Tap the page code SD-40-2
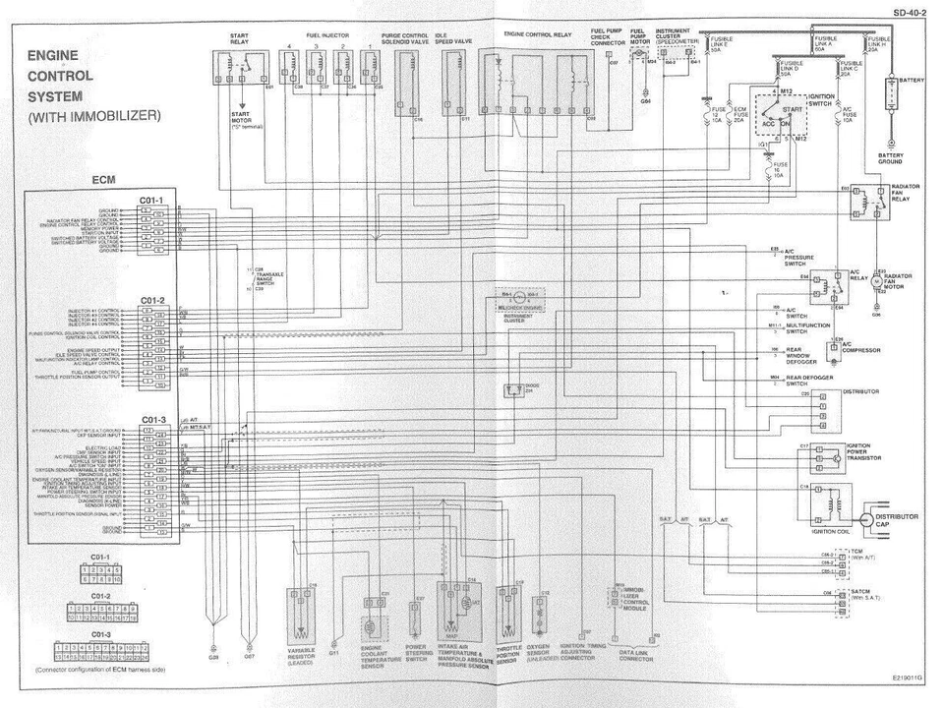pyautogui.click(x=910, y=12)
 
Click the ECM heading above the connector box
pyautogui.click(x=104, y=181)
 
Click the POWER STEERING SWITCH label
pyautogui.click(x=420, y=655)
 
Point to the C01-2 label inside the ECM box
pyautogui.click(x=150, y=300)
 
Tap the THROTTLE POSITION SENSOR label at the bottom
pyautogui.click(x=507, y=655)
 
